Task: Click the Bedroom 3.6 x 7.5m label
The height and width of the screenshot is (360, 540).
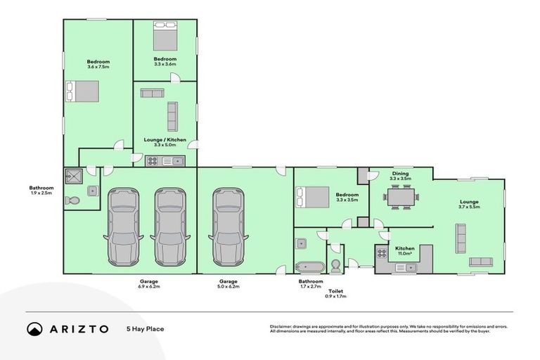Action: tap(98, 64)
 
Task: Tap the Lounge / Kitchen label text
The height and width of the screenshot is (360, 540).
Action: tap(165, 142)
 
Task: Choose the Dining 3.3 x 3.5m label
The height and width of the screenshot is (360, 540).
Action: tap(400, 176)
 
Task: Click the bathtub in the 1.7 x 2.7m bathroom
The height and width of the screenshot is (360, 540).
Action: tap(309, 266)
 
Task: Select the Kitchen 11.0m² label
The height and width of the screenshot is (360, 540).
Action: tap(405, 251)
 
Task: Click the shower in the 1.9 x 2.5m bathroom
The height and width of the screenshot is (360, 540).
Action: tap(73, 176)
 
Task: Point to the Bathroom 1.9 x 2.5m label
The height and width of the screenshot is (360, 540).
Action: tap(41, 191)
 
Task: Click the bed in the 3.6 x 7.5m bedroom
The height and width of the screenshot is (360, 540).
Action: tap(83, 91)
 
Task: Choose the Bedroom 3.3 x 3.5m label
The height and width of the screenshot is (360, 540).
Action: tap(347, 197)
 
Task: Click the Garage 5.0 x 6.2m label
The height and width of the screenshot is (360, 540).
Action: tap(229, 284)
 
